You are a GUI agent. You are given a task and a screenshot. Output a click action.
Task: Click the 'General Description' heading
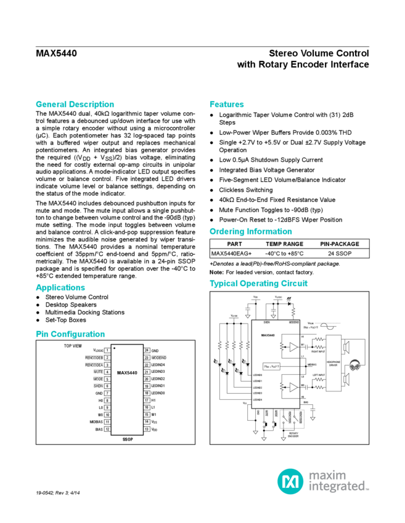(x=75, y=104)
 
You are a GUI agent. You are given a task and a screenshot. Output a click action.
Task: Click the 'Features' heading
(x=226, y=104)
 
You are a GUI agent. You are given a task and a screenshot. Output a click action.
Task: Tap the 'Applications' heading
(x=60, y=287)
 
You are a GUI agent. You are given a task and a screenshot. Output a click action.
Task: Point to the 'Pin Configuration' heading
(x=70, y=334)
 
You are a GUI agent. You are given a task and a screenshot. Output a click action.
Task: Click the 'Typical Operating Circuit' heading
(x=258, y=284)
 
